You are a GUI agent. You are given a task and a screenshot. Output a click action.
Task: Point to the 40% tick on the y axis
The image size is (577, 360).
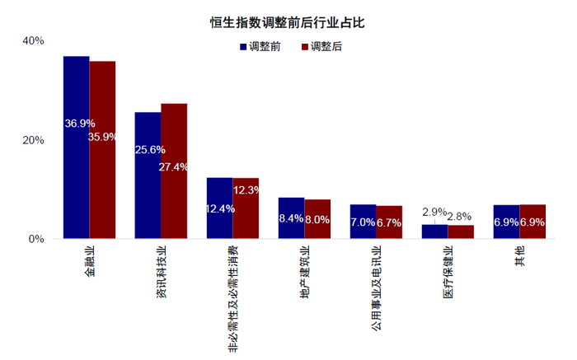[33, 40]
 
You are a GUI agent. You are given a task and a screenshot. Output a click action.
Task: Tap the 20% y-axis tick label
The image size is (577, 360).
[33, 140]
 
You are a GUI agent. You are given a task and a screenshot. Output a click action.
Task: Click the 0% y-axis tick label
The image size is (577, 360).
[36, 239]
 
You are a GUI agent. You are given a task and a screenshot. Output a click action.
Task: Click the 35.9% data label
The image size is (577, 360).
[102, 136]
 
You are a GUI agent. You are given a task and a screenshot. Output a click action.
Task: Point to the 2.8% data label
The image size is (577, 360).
[459, 216]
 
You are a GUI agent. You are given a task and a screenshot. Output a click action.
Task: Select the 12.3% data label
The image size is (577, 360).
[246, 190]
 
